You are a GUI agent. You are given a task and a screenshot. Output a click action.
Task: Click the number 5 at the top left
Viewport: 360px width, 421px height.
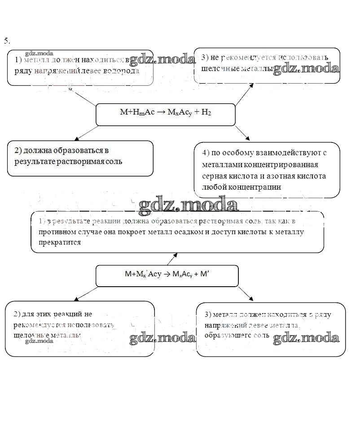pyautogui.click(x=6, y=41)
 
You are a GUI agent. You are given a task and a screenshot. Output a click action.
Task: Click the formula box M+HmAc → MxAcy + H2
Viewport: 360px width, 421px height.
pyautogui.click(x=165, y=114)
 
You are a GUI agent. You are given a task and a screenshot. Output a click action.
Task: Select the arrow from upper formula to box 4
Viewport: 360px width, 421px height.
pyautogui.click(x=242, y=133)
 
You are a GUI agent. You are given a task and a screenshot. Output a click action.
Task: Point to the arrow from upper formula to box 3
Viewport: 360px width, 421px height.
pyautogui.click(x=245, y=94)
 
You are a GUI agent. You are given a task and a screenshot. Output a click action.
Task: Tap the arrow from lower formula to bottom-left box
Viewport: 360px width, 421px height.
pyautogui.click(x=85, y=294)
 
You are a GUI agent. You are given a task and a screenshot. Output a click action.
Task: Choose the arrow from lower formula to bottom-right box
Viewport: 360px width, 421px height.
pyautogui.click(x=245, y=294)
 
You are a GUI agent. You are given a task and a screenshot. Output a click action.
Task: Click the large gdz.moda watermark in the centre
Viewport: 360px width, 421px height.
pyautogui.click(x=188, y=205)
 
